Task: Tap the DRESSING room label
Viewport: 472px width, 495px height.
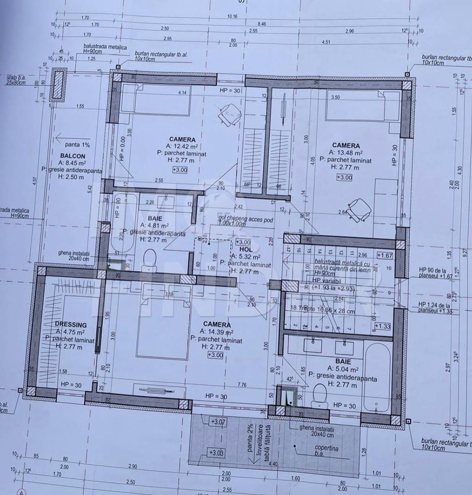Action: [71, 324]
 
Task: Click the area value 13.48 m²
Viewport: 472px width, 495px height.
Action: [346, 153]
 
